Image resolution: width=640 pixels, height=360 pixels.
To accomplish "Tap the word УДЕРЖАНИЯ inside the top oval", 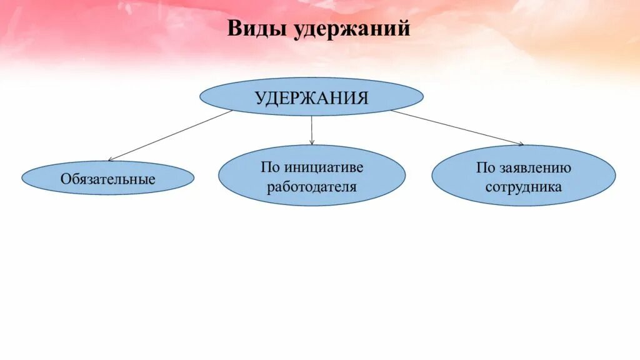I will coord(311,97).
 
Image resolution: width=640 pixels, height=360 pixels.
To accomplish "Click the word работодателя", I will coord(312,186).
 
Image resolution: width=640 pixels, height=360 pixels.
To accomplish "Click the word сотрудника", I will coord(524,186).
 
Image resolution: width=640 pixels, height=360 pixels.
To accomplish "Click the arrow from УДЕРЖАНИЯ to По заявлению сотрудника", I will coord(456,127).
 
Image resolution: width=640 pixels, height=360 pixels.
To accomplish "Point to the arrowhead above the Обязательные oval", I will coord(111,160).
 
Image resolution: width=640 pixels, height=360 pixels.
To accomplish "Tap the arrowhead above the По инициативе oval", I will coord(312,143).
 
